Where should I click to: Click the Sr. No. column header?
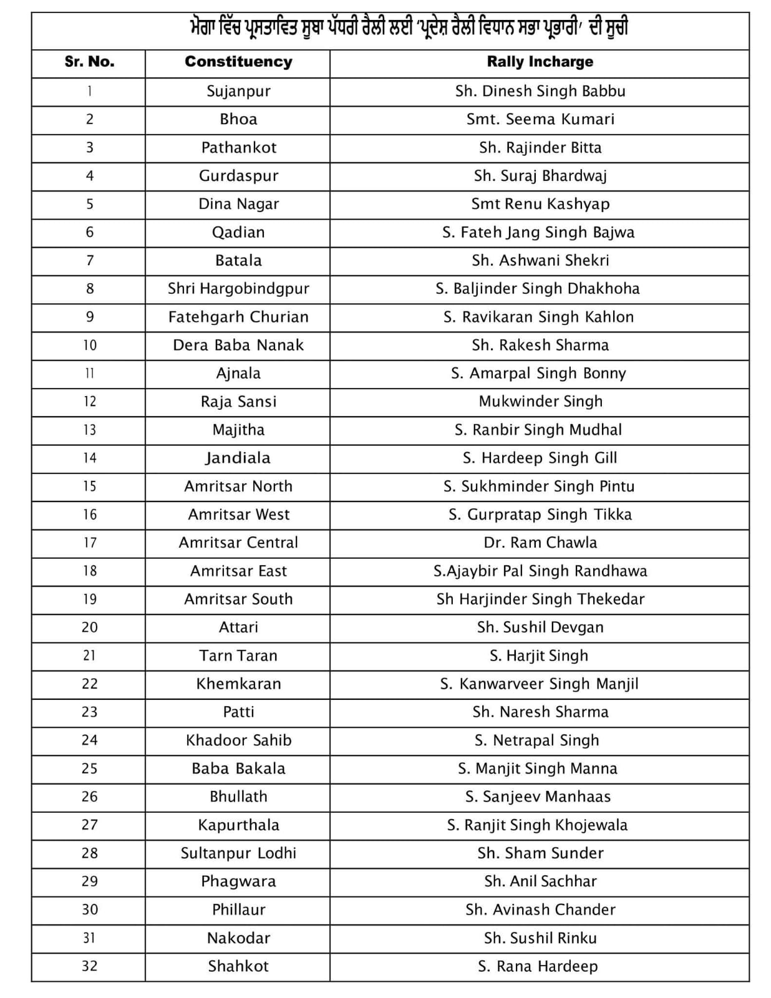pos(89,62)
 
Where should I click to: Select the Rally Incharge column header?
pos(540,62)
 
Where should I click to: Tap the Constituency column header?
pos(238,62)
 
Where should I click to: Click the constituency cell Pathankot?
pos(238,148)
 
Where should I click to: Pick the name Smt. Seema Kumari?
pos(540,119)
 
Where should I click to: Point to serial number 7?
pos(89,260)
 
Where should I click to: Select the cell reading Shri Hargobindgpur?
pos(238,289)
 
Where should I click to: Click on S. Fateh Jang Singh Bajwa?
pos(538,233)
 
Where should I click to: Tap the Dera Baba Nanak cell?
pos(238,345)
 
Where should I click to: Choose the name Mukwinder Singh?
pos(540,402)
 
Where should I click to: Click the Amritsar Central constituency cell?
pos(238,543)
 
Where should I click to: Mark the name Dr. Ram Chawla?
pos(540,543)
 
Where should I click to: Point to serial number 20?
pos(89,627)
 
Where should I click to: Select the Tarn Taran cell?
pos(238,656)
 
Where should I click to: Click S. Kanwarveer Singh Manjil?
pos(539,684)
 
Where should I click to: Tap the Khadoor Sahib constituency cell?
pos(238,740)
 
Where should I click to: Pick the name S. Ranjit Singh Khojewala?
pos(537,825)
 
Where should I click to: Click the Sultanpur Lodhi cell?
pos(238,853)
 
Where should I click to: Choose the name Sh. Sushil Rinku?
pos(540,938)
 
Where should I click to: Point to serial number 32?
pos(89,966)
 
